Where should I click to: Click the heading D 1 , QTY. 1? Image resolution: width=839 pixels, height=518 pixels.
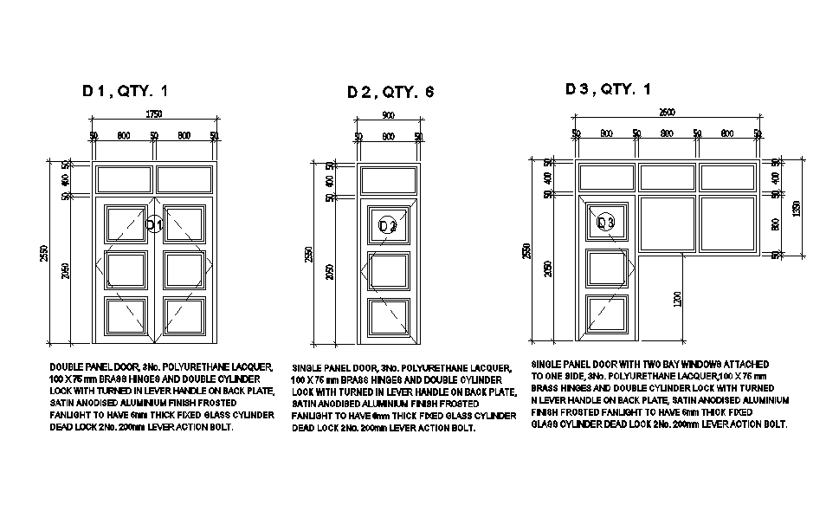tap(125, 90)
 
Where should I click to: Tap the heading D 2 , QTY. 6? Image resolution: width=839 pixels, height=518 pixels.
tap(390, 92)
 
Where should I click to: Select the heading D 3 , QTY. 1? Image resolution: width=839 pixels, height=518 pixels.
tap(608, 89)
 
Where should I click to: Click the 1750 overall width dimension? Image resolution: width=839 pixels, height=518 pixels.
tap(154, 114)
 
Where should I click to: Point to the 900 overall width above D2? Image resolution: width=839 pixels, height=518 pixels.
tap(388, 115)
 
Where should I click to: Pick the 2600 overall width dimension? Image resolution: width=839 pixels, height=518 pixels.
tap(667, 113)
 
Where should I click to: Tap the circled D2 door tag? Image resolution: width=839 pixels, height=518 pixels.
tap(388, 226)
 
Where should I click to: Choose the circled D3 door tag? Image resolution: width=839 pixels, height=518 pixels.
tap(607, 223)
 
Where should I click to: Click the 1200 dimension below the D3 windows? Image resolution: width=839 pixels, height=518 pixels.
tap(676, 299)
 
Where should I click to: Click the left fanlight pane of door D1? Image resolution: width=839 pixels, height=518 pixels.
tap(124, 180)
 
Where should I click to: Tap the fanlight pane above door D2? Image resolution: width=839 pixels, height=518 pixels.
tap(388, 180)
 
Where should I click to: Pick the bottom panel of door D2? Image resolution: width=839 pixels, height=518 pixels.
tap(388, 317)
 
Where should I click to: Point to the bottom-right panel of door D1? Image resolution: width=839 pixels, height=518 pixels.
tap(184, 316)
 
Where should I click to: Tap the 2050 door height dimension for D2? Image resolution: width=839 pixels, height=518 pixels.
tap(330, 274)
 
